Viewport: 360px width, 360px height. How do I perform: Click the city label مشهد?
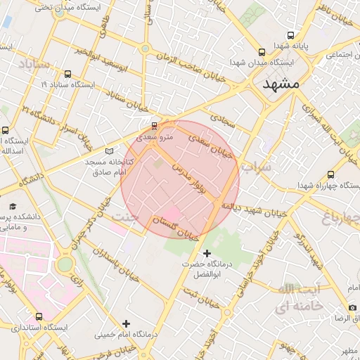coord(281,84)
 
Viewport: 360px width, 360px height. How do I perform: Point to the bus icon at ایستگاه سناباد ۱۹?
coord(67,73)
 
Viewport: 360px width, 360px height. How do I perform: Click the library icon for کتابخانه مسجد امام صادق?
coord(109,150)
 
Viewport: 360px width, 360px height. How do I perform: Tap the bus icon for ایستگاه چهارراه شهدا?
coord(330,174)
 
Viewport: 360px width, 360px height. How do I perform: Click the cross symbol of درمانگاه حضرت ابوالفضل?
coord(206,253)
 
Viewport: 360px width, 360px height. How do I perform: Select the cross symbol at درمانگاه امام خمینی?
coord(126,323)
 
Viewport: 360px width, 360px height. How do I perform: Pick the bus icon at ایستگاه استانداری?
coord(39,316)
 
